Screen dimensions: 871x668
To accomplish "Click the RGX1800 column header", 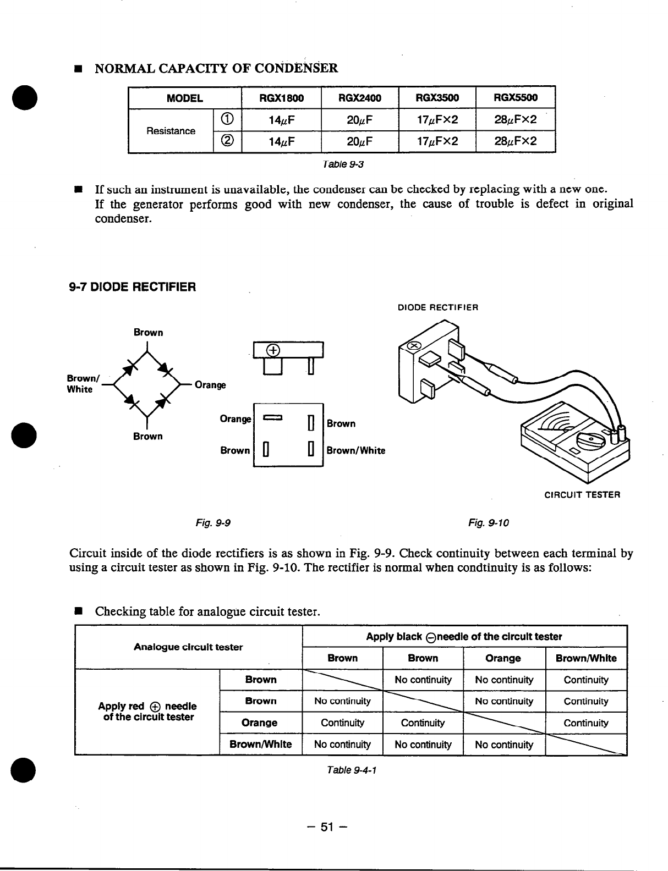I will [281, 98].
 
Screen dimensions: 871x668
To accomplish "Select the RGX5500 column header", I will [515, 98].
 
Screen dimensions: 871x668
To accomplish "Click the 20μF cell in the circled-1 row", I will [360, 120].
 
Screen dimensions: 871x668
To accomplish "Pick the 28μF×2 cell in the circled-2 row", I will [515, 142].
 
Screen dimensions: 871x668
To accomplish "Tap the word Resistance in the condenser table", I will [171, 131].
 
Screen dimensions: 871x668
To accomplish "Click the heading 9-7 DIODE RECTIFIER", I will [133, 287].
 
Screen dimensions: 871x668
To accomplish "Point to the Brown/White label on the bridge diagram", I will [79, 384].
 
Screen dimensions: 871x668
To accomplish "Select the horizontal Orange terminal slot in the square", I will [273, 419].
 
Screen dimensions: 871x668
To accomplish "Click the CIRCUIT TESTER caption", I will [582, 494].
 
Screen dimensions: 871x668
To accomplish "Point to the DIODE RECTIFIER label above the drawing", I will [437, 307].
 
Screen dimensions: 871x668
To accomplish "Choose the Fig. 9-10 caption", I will [489, 523].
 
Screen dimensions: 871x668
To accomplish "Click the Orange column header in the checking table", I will [503, 658].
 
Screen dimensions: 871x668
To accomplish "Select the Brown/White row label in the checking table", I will [260, 745].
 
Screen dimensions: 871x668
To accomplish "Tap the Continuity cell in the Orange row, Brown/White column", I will [586, 723].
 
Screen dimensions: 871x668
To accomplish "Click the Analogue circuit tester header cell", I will [188, 647].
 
